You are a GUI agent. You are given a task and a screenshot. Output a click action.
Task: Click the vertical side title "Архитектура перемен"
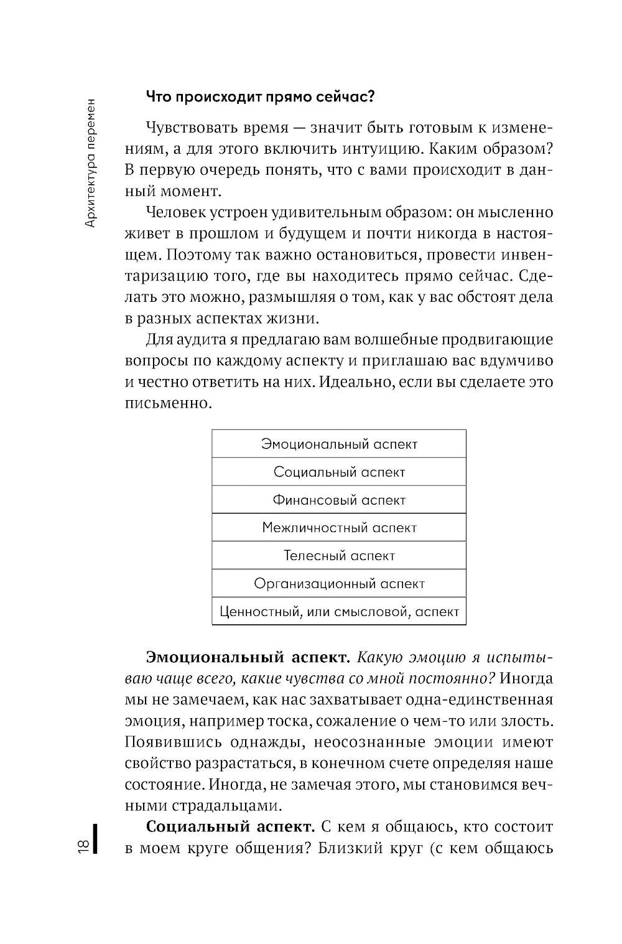click(x=91, y=163)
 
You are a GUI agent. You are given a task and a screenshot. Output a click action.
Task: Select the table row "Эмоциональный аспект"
click(x=339, y=444)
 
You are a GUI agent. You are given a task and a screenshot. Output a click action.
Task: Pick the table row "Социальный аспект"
click(x=339, y=472)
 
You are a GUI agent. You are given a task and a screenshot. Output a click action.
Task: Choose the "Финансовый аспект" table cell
click(x=339, y=500)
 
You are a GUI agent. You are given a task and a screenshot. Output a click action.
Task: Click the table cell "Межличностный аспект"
click(x=339, y=528)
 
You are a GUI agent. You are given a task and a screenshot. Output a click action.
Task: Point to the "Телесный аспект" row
click(x=339, y=556)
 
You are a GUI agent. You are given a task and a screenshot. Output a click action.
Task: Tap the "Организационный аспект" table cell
click(x=339, y=584)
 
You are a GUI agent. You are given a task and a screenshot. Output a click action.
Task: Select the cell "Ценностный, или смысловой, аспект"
click(x=339, y=612)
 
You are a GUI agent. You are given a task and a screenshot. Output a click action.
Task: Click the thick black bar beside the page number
click(x=96, y=839)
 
